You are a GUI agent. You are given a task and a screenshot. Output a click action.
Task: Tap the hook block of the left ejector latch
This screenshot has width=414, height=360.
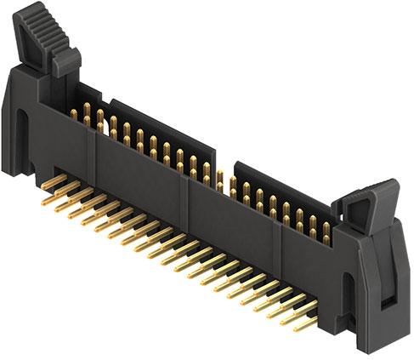pos(66,61)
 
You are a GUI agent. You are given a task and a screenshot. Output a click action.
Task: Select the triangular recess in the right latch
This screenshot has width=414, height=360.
pos(368,203)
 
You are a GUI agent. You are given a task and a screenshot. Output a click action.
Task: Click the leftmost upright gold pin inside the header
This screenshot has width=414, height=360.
pos(74,113)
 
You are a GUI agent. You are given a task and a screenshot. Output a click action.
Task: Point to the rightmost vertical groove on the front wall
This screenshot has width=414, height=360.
pos(277,243)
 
